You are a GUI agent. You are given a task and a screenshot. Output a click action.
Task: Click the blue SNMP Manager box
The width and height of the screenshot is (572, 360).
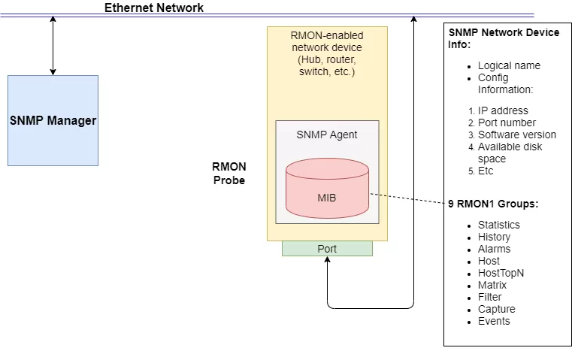(x=53, y=120)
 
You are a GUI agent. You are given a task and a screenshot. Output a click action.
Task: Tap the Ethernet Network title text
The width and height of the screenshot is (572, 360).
(x=153, y=8)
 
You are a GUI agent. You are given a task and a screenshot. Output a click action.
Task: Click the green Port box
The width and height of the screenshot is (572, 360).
(x=327, y=249)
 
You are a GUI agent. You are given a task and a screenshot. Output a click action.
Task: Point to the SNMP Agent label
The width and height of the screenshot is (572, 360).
(x=327, y=135)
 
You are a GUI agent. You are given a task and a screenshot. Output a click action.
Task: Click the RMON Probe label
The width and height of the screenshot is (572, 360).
(x=229, y=174)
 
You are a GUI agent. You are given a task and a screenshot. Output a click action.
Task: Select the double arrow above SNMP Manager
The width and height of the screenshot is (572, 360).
(x=53, y=45)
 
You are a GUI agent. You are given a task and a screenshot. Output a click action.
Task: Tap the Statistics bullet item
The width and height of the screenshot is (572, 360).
(x=498, y=225)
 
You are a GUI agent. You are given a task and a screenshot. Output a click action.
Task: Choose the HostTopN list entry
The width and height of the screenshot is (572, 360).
(x=501, y=273)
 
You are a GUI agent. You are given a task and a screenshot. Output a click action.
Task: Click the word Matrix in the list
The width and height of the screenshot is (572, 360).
(x=492, y=285)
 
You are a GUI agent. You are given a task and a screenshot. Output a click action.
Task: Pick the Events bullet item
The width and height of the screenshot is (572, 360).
(x=494, y=321)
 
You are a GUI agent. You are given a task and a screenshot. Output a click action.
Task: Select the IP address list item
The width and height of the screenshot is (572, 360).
(x=503, y=110)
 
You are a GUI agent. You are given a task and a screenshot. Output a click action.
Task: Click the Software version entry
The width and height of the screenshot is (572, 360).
(x=517, y=135)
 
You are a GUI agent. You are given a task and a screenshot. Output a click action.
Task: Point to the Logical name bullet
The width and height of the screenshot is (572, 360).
(x=509, y=65)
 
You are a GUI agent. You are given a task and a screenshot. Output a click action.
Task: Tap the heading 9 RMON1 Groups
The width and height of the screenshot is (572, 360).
(x=493, y=204)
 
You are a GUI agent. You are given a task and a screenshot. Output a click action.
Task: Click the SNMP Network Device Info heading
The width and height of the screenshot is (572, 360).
(x=504, y=38)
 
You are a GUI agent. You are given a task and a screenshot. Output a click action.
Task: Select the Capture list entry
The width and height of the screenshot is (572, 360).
(x=496, y=309)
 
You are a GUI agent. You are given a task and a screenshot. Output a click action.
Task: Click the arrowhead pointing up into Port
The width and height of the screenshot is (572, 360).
(x=328, y=261)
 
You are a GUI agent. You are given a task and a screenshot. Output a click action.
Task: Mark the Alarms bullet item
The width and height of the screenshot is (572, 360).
(x=494, y=249)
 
